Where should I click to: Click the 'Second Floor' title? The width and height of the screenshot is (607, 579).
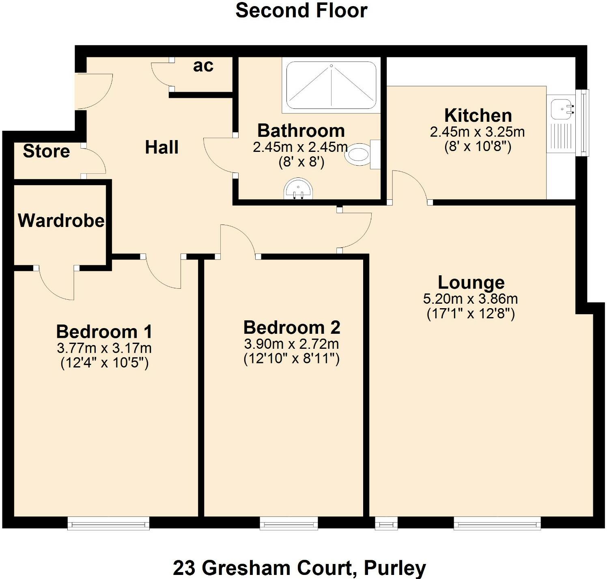(301, 11)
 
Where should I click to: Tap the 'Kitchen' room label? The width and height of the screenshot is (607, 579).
(478, 115)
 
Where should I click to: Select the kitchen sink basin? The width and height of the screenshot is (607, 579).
(562, 108)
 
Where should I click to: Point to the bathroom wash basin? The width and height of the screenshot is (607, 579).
(299, 189)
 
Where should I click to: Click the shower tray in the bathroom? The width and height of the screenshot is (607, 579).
(331, 85)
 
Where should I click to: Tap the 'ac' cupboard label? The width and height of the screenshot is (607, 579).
(203, 66)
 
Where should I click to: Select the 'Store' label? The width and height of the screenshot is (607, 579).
(46, 151)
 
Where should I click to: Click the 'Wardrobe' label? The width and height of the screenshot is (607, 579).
(61, 220)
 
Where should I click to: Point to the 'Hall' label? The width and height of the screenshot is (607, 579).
(161, 147)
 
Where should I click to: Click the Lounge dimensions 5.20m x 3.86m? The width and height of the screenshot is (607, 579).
(470, 299)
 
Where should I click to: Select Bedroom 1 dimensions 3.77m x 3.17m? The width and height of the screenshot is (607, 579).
(104, 348)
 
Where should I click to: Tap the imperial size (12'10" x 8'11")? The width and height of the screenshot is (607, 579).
(291, 359)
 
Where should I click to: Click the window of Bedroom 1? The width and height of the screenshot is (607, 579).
(108, 523)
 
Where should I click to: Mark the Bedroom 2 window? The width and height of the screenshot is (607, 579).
(288, 524)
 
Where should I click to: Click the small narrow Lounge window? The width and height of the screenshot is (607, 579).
(386, 524)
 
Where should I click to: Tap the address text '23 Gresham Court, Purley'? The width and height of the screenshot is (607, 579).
(299, 568)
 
